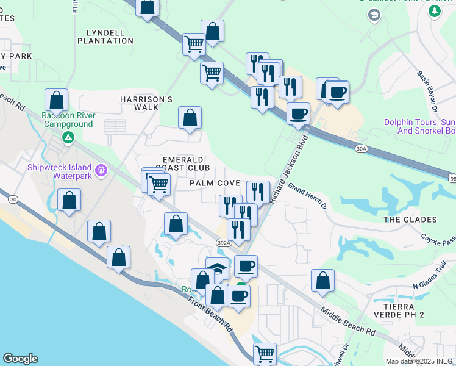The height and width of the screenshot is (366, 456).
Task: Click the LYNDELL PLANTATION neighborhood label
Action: pyautogui.click(x=105, y=37)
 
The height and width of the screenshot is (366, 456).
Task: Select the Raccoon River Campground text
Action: pyautogui.click(x=67, y=120)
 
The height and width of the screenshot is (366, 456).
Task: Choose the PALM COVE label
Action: pyautogui.click(x=214, y=183)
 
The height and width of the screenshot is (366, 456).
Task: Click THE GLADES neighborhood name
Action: pyautogui.click(x=410, y=220)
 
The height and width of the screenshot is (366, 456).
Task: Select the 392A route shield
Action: pyautogui.click(x=224, y=243)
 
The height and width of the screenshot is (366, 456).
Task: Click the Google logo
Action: pyautogui.click(x=20, y=359)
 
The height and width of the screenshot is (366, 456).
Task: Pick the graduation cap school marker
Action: pyautogui.click(x=217, y=268)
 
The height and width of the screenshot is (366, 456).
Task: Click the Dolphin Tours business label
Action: pyautogui.click(x=419, y=126)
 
